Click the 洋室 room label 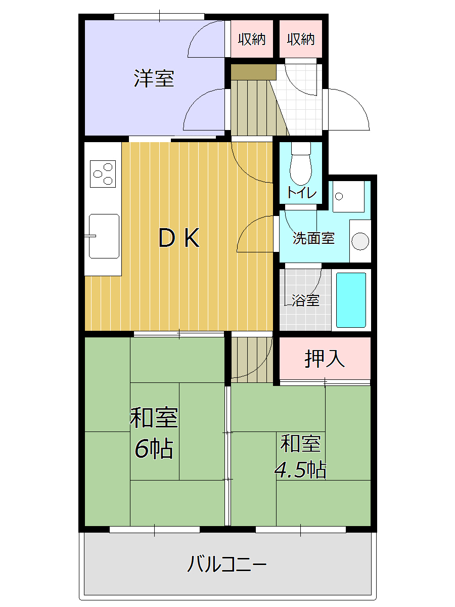point(154,78)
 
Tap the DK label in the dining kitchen point(179,238)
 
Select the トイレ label point(302,193)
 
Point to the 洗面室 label point(313,238)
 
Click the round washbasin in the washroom point(360,241)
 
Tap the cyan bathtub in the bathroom point(351,300)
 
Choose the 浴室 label point(305,300)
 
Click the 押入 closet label point(325,359)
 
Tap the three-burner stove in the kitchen point(103,174)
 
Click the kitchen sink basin point(104,236)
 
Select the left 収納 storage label point(252,39)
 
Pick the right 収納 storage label point(301,39)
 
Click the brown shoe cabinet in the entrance point(254,72)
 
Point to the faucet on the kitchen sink point(90,236)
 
